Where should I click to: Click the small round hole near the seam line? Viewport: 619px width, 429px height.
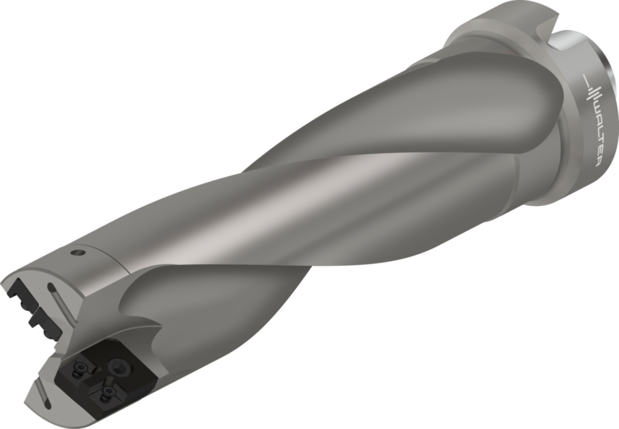[76, 253]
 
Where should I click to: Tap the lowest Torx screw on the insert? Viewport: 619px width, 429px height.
[106, 396]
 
